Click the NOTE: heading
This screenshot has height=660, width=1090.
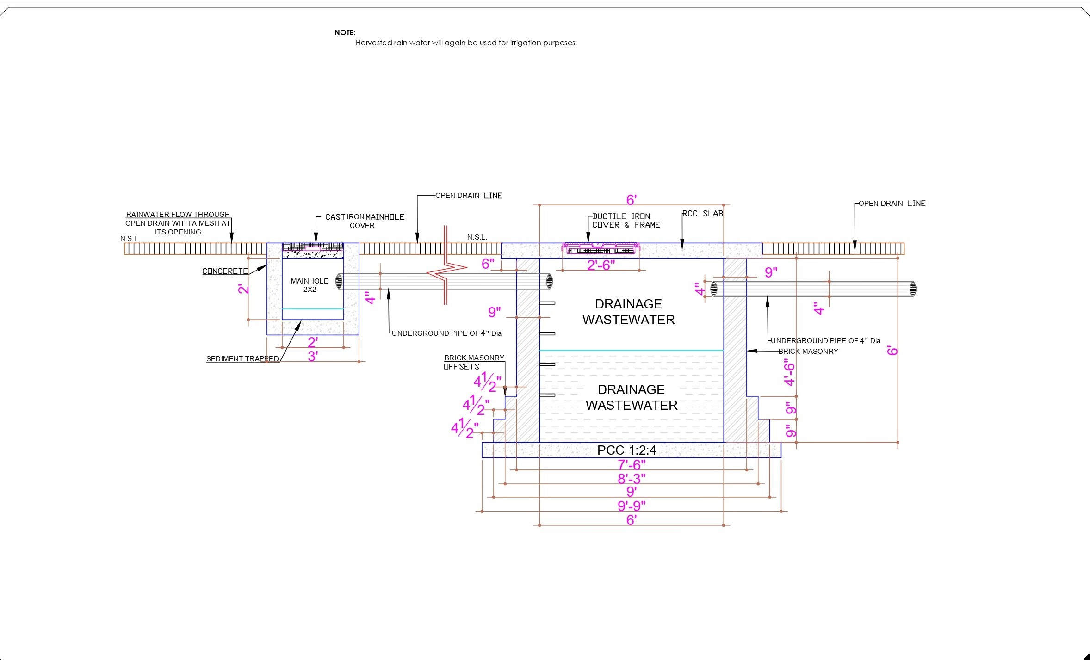point(345,32)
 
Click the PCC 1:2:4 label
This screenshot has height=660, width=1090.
point(626,450)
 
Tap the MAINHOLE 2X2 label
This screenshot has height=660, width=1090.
point(310,285)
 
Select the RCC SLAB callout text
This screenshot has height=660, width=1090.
point(703,214)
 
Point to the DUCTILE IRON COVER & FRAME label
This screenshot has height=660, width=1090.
point(626,221)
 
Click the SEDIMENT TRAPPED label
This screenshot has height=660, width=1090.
point(242,359)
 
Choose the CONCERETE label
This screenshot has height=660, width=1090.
point(225,271)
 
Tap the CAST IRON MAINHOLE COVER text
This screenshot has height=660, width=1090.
point(365,221)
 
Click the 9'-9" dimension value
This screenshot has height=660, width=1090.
point(632,506)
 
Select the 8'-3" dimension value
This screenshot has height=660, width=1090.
point(632,478)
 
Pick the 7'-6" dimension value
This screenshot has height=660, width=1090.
point(632,464)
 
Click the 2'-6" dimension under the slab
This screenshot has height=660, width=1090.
point(601,265)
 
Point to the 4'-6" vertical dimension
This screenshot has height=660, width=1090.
point(789,372)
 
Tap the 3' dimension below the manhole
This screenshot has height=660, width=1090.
point(313,356)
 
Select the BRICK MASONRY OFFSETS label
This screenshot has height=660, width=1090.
point(474,362)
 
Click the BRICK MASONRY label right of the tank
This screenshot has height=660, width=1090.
point(808,352)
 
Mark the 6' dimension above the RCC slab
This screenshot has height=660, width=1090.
point(632,200)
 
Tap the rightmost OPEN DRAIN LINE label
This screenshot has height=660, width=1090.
point(892,204)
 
